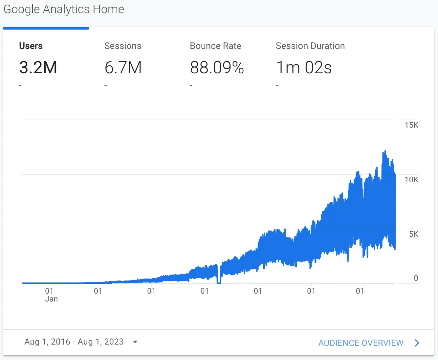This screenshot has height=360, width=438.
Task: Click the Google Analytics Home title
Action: (64, 9)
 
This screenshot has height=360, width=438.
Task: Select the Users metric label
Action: (31, 46)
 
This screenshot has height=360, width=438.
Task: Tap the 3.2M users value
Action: (38, 68)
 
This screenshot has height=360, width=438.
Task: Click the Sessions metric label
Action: (123, 46)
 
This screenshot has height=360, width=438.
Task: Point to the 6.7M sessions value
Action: (123, 68)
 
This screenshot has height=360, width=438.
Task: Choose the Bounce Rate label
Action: (215, 46)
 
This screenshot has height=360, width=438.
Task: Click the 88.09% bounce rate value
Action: (217, 68)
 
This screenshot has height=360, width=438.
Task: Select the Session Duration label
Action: (310, 46)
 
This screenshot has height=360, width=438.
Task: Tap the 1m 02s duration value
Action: (304, 68)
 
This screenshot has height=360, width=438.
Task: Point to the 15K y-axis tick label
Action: (411, 125)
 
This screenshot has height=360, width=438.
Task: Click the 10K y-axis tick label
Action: (411, 180)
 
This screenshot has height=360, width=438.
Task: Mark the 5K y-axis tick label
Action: (413, 234)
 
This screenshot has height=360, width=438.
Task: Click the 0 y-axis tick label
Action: (416, 278)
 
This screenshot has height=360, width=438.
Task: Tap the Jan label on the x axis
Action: (51, 299)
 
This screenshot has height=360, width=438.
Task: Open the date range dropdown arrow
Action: (135, 342)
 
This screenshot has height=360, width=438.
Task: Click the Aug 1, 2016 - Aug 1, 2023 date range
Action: (74, 342)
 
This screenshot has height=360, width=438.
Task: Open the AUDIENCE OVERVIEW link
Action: (361, 343)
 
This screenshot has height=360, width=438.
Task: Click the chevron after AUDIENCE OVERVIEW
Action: (417, 343)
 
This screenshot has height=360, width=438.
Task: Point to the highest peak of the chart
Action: (384, 151)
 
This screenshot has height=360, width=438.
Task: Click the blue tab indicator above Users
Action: (46, 28)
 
